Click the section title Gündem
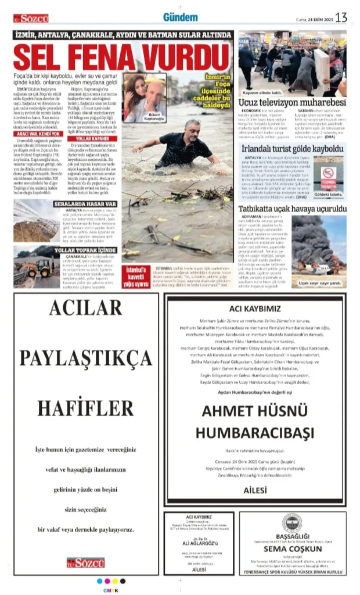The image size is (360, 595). [180, 17]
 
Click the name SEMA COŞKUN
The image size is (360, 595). [293, 548]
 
